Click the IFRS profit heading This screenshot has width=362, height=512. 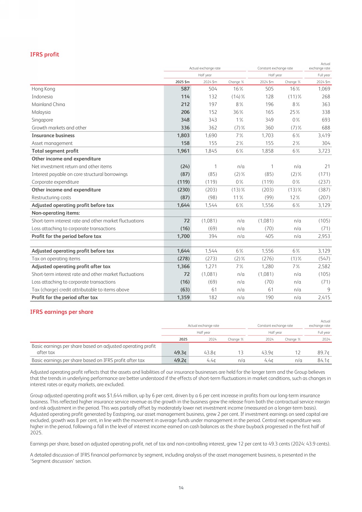45,55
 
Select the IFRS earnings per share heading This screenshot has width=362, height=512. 62,312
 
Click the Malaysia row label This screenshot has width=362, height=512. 41,112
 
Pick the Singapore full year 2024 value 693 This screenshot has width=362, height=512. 326,120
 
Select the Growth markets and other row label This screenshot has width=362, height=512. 59,128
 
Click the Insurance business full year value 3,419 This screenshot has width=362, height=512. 324,136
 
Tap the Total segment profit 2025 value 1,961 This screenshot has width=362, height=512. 183,151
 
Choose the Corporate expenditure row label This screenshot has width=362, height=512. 55,182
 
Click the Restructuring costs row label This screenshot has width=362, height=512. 51,198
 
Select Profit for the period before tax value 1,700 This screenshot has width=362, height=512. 183,236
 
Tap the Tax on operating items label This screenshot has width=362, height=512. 56,259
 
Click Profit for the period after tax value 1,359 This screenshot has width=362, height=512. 183,298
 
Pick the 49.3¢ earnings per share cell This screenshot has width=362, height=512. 180,353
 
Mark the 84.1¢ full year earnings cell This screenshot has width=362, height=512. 324,361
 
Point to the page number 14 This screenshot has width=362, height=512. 181,488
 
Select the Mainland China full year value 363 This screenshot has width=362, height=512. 326,104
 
